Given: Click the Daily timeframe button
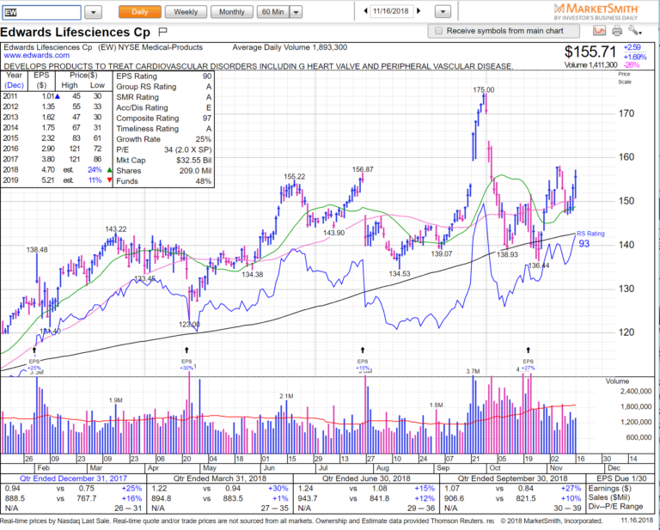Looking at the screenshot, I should tap(139, 12).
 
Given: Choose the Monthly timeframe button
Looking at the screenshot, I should tap(231, 12).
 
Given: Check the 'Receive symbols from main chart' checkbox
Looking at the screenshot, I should tap(439, 30).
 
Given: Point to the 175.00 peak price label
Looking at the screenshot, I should tap(483, 89).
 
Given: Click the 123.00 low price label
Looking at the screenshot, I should tap(189, 325).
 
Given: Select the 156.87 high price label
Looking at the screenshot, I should tap(363, 169).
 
